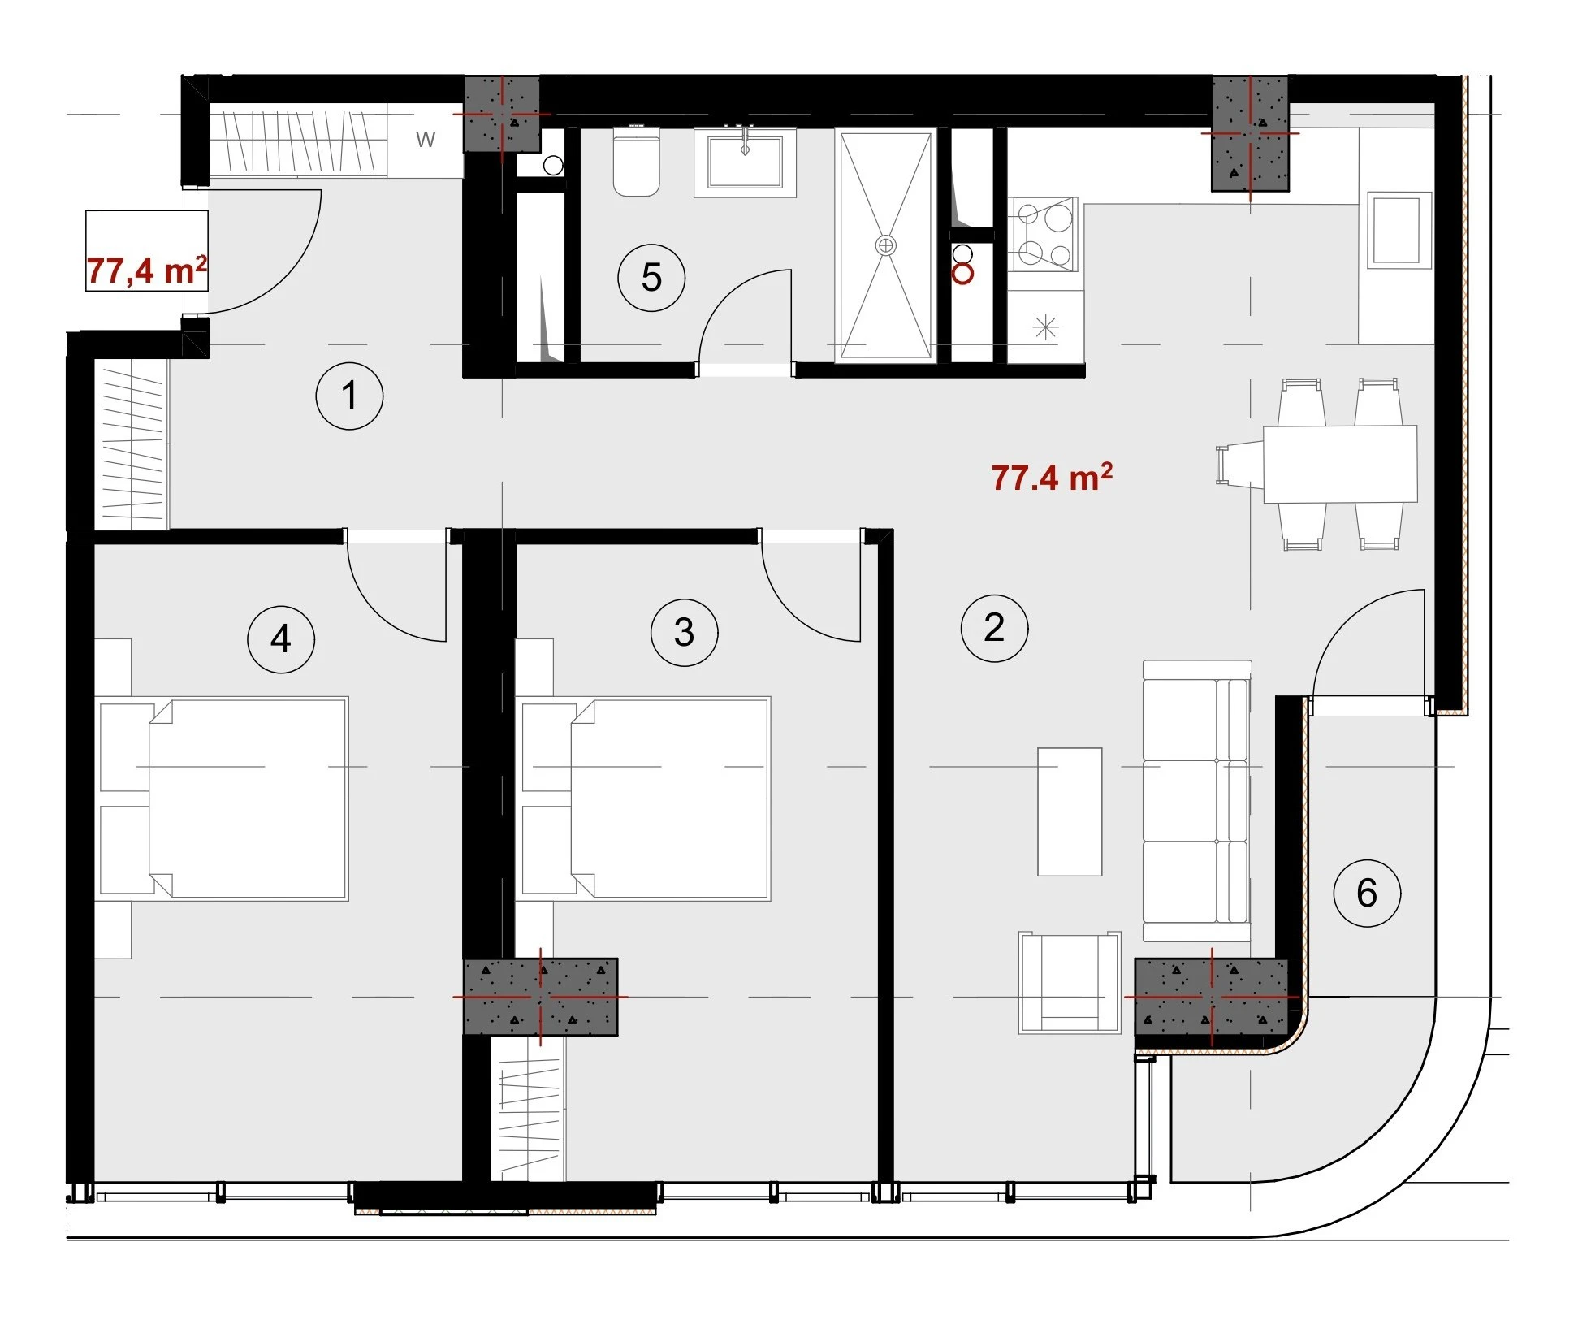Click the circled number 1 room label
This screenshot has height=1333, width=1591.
click(349, 396)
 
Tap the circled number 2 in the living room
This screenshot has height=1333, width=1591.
click(994, 628)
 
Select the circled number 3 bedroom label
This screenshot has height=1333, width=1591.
click(685, 633)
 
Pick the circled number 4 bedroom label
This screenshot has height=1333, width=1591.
click(281, 639)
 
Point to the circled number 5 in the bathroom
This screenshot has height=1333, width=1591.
click(651, 278)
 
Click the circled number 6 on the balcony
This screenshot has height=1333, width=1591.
click(1367, 893)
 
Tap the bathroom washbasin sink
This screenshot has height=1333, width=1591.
click(745, 162)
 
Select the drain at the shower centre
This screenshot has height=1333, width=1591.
click(885, 245)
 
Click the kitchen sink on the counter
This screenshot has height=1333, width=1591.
click(1399, 230)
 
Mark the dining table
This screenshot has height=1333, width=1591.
click(1340, 464)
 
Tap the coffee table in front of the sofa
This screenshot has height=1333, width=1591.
click(1070, 811)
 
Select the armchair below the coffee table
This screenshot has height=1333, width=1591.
click(1070, 983)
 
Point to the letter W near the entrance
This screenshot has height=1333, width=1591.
click(426, 140)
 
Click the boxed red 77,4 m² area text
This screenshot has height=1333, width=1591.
click(147, 270)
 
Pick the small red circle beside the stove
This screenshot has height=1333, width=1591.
click(962, 275)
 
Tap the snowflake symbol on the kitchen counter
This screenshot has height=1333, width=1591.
click(1045, 327)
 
